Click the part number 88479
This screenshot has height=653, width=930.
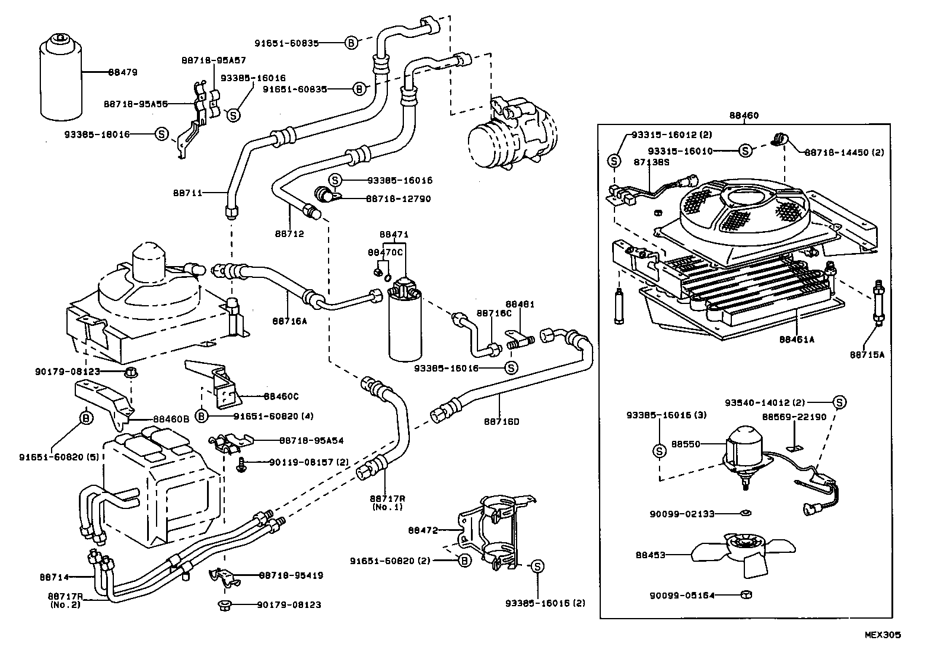click(x=123, y=72)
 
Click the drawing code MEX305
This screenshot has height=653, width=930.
click(x=882, y=635)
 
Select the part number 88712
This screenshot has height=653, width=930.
click(x=289, y=234)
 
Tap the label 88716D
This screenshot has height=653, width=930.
click(x=501, y=422)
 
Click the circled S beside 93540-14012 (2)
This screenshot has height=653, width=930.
click(x=839, y=402)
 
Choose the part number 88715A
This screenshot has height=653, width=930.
click(x=867, y=354)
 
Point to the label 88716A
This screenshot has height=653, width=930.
click(x=289, y=321)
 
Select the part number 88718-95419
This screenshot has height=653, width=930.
click(x=291, y=575)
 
